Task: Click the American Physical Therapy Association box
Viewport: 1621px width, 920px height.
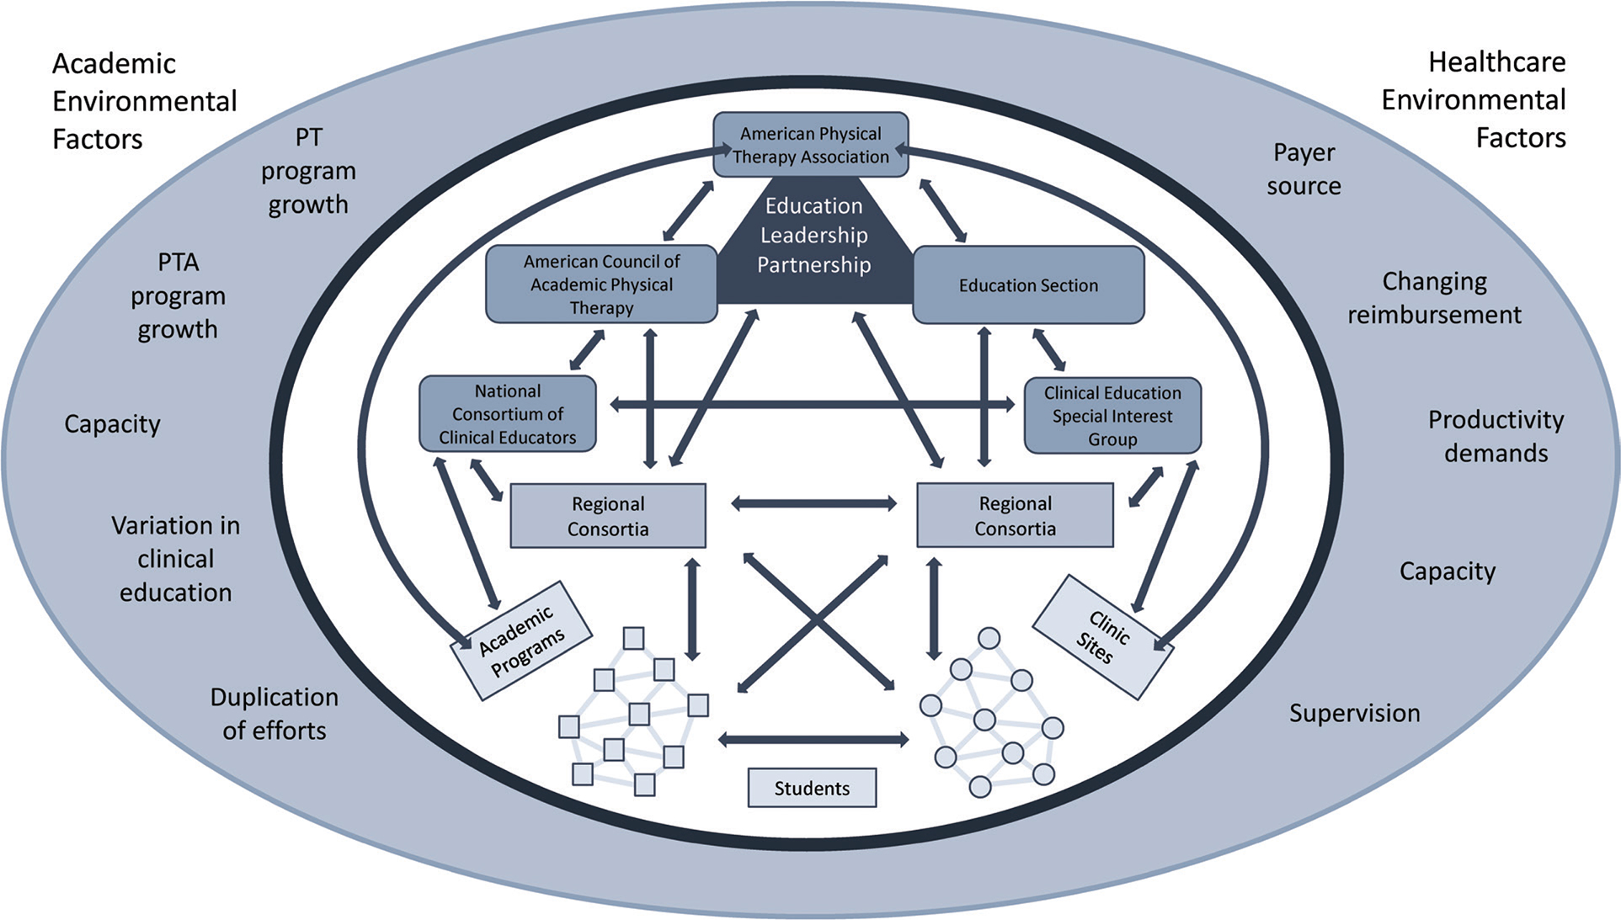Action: (x=810, y=145)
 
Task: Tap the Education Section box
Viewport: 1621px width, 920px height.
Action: (x=1028, y=285)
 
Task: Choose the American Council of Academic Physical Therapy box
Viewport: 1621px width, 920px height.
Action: (x=601, y=284)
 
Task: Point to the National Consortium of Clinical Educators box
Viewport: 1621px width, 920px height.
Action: (x=508, y=413)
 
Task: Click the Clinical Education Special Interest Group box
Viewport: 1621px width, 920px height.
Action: (x=1112, y=416)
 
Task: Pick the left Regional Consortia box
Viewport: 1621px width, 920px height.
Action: (x=608, y=516)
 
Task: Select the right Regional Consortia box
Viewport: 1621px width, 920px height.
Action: (x=1015, y=515)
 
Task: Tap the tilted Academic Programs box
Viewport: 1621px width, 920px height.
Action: (x=522, y=641)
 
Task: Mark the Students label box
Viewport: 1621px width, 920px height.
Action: (x=812, y=788)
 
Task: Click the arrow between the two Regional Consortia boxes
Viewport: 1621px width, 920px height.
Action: (x=813, y=503)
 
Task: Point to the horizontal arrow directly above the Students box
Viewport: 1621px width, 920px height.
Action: (x=813, y=740)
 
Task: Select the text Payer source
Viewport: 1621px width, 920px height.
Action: (x=1304, y=169)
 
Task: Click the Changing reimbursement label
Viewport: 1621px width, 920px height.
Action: (x=1434, y=298)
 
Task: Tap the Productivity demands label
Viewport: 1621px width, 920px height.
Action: (x=1496, y=436)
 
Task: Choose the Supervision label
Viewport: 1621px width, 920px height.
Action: (x=1354, y=713)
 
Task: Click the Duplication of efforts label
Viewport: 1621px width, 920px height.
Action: (x=275, y=714)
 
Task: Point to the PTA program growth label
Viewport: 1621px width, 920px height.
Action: (x=178, y=295)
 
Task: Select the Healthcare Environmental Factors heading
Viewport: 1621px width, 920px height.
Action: (x=1474, y=99)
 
